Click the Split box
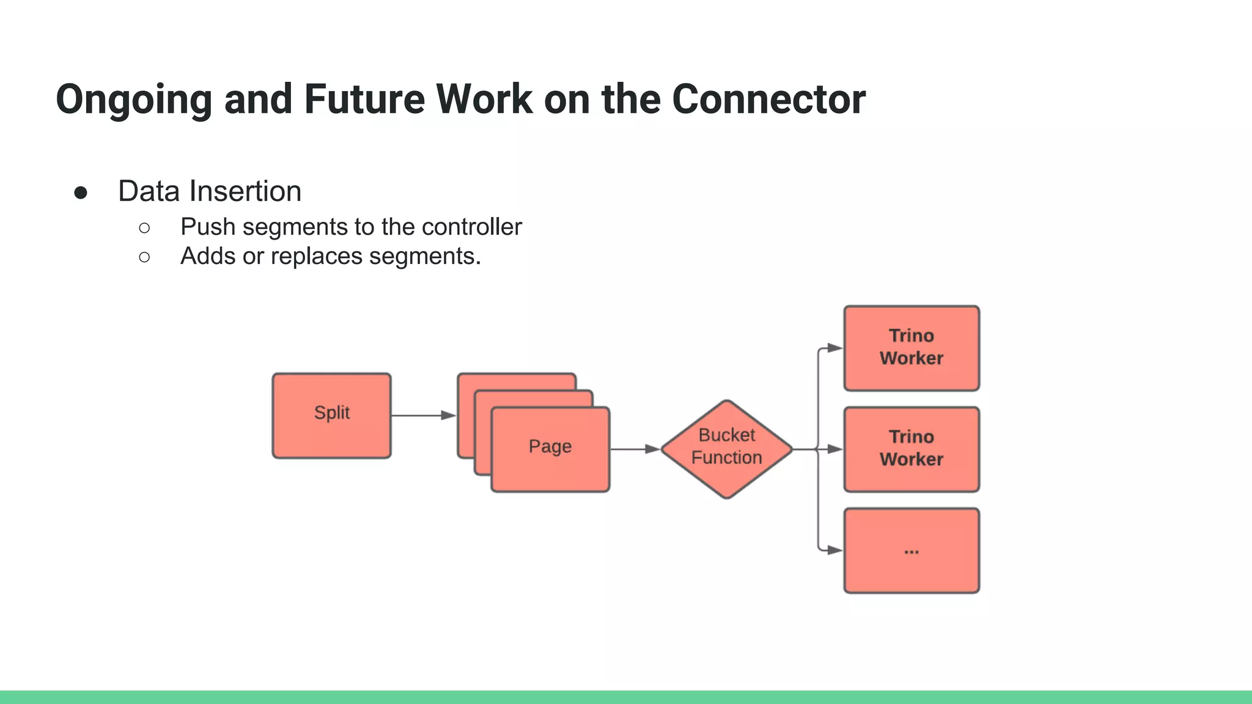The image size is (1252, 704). click(x=331, y=416)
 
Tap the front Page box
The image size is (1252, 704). click(x=550, y=449)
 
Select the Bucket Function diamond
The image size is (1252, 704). click(x=726, y=449)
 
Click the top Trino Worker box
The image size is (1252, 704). click(x=911, y=348)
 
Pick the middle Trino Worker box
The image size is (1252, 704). click(x=911, y=449)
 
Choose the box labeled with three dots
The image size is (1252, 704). click(x=911, y=550)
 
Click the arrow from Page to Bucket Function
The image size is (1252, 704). click(x=635, y=449)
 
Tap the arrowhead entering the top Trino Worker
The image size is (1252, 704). click(x=834, y=348)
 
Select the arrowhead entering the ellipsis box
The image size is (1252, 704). click(x=834, y=550)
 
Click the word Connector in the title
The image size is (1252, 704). click(x=768, y=100)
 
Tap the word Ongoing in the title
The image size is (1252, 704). click(x=133, y=100)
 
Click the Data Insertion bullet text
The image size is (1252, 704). click(x=210, y=191)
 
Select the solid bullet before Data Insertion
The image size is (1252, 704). click(x=81, y=193)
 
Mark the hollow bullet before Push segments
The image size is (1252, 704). click(x=144, y=228)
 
